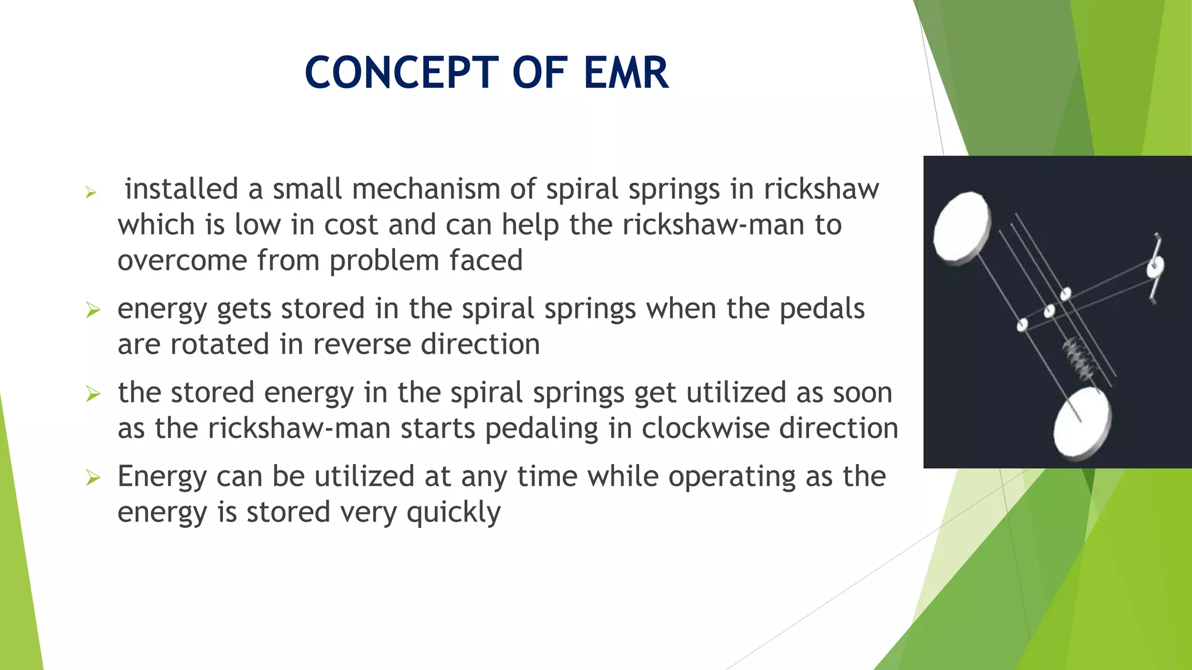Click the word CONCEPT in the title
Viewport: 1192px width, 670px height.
point(402,73)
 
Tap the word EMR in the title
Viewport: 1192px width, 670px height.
point(626,73)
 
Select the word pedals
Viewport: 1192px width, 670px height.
point(822,309)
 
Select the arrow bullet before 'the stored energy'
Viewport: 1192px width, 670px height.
point(93,394)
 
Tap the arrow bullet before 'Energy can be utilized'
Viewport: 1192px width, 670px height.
point(93,478)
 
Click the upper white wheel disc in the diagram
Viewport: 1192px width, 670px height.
point(962,228)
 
